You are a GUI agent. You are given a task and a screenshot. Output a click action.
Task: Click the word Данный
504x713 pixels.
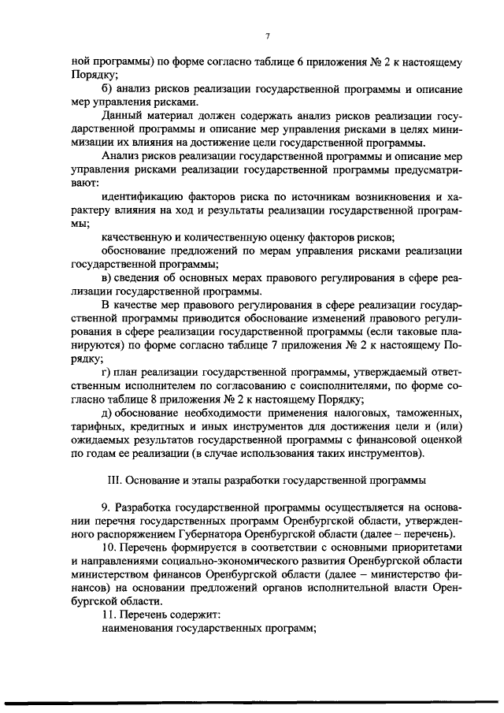click(x=123, y=117)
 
